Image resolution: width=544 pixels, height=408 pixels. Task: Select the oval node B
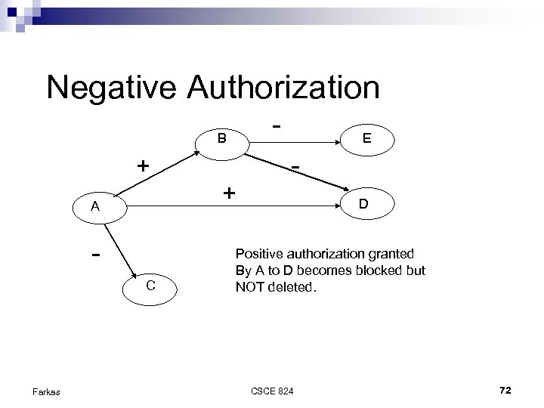click(x=221, y=139)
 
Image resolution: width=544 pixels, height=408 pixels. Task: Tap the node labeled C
click(x=151, y=286)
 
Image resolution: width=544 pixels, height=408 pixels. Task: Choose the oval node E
click(x=366, y=138)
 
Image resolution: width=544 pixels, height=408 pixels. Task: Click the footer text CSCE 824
click(x=273, y=390)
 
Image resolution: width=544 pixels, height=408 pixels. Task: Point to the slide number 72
click(x=505, y=390)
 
